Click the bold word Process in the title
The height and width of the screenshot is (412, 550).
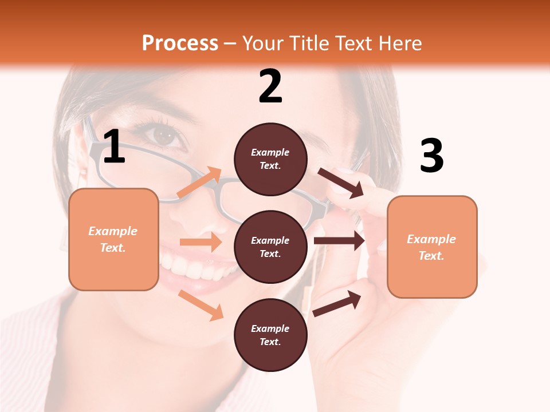point(180,43)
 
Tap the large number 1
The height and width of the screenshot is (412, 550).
point(114,146)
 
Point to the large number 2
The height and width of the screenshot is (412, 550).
point(270,86)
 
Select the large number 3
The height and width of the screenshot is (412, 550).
point(431,156)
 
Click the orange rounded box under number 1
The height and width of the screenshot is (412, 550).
point(113,239)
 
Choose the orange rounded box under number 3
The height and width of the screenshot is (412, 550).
point(432,247)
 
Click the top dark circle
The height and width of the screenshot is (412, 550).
point(270,159)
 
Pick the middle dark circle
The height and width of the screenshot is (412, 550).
point(270,247)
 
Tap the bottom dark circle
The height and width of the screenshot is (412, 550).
point(270,335)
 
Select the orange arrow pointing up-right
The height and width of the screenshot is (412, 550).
point(199,183)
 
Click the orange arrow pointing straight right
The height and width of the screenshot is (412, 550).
point(201,242)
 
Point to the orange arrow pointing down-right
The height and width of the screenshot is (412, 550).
point(201,305)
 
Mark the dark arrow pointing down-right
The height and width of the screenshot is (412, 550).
point(340,183)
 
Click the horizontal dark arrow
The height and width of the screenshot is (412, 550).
point(339,240)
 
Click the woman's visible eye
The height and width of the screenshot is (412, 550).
point(165,135)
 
